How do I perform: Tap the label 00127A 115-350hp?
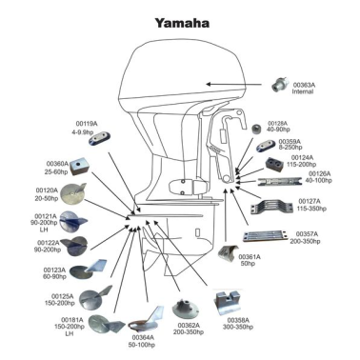pyautogui.click(x=310, y=206)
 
